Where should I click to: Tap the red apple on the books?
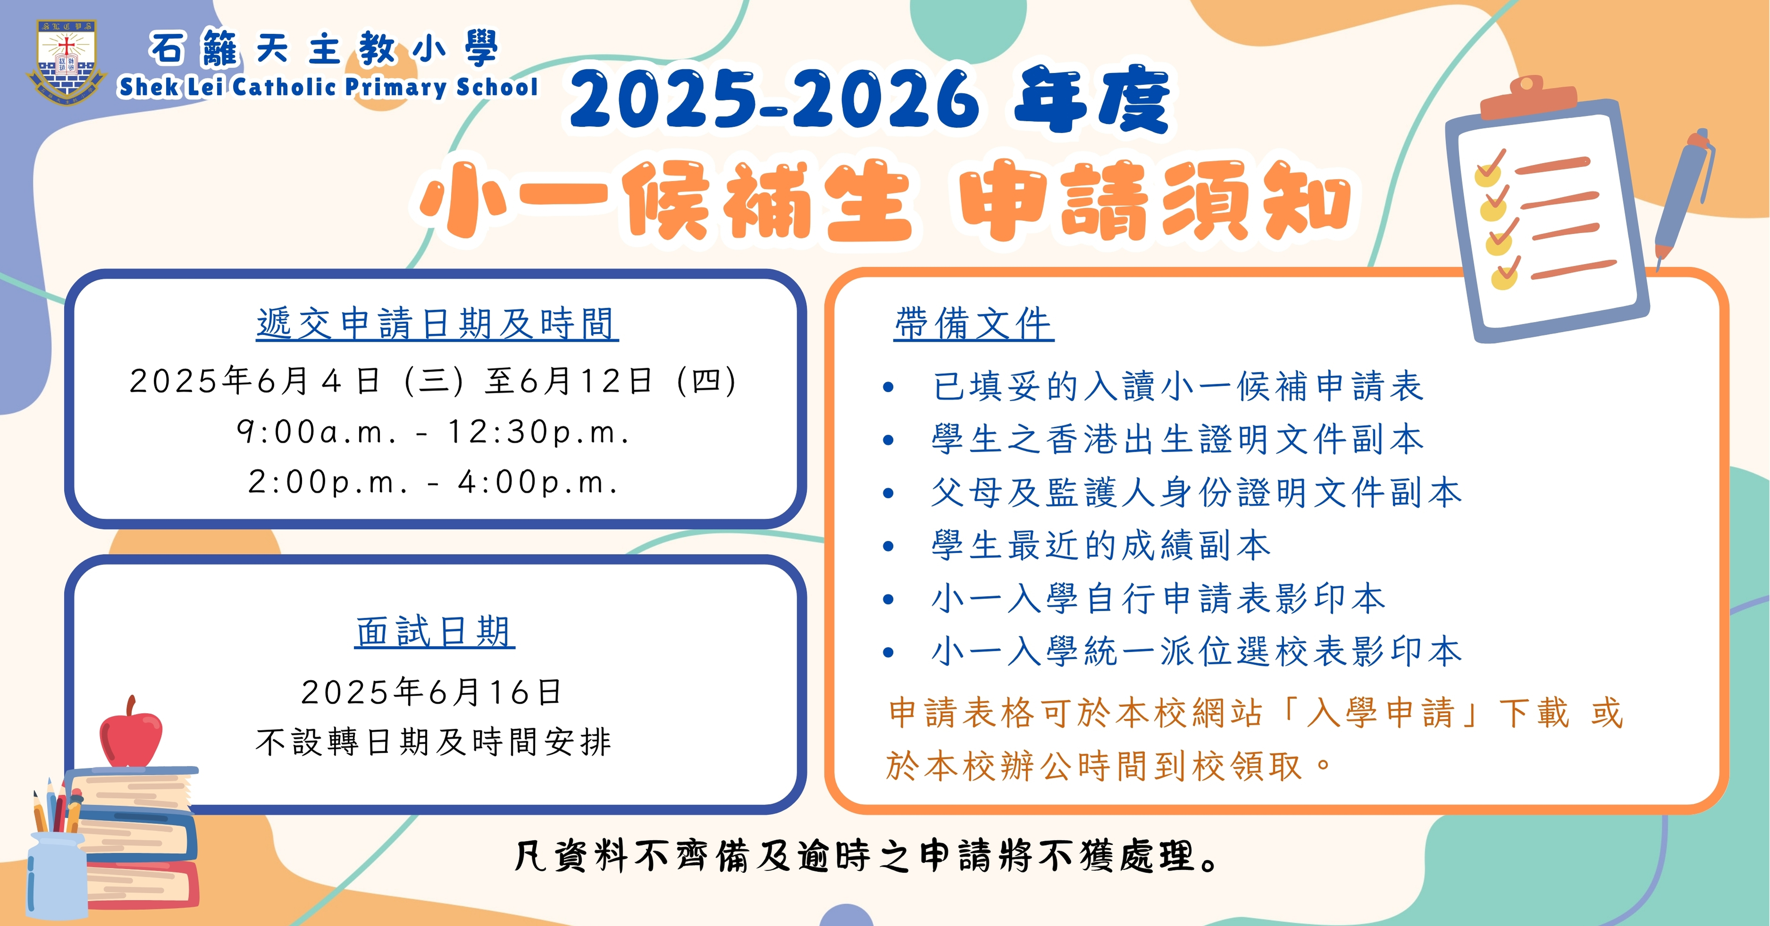tap(131, 733)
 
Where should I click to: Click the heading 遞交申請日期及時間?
tap(437, 324)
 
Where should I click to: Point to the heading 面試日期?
tap(435, 631)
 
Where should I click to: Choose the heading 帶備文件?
tap(974, 324)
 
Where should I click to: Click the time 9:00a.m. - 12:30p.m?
tap(434, 432)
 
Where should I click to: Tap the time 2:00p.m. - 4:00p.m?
tap(434, 482)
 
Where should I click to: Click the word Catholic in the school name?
tap(285, 87)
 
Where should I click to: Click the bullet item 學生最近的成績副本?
tap(1101, 546)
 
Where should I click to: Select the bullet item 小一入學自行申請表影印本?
tap(1158, 598)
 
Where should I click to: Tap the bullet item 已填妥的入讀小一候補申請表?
tap(1178, 386)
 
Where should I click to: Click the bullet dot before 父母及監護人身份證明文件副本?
tap(888, 493)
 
